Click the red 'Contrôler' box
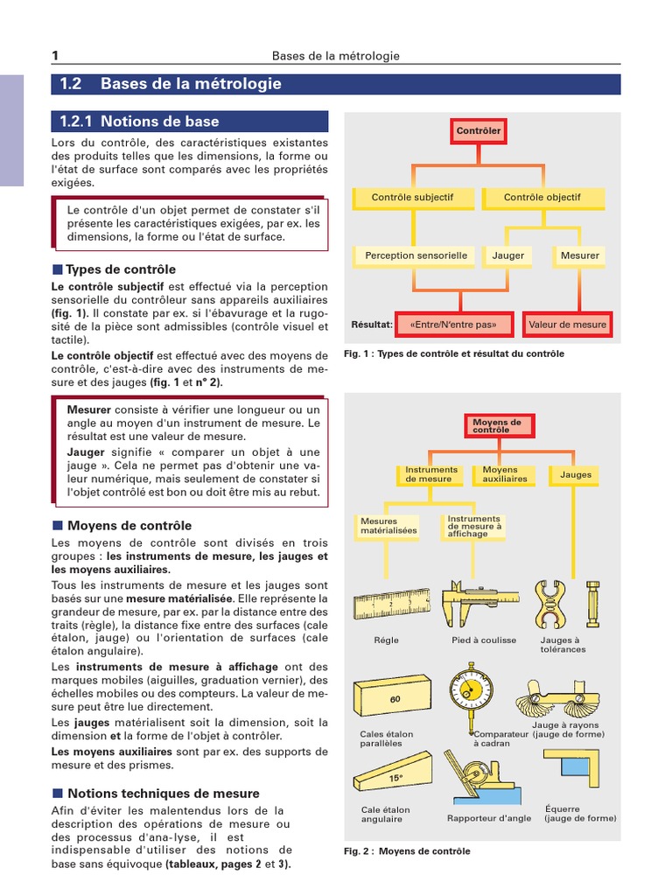(x=478, y=131)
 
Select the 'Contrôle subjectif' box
(x=412, y=198)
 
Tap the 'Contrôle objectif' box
(x=542, y=198)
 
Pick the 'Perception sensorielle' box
(x=416, y=256)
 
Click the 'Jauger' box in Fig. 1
(x=508, y=256)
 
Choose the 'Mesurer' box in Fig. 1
(x=579, y=256)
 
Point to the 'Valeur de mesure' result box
(x=567, y=325)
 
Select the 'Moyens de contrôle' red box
(x=497, y=426)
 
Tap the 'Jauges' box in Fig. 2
(x=576, y=475)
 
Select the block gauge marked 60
(x=393, y=698)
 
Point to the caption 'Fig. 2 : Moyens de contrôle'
(x=407, y=851)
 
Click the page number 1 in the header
(x=55, y=56)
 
